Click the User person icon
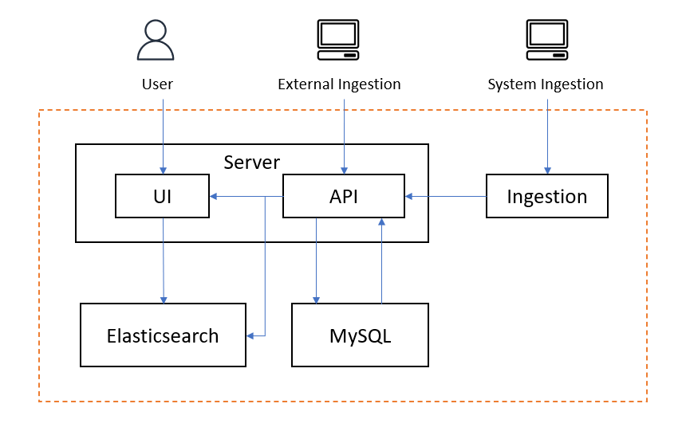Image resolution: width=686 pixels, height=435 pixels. click(156, 41)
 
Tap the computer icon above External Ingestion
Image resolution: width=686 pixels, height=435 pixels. click(337, 41)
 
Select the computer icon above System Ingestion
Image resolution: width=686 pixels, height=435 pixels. click(546, 41)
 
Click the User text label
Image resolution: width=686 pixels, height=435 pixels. click(157, 84)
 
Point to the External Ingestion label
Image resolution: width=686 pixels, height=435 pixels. click(339, 84)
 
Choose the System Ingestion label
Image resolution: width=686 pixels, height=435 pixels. click(546, 84)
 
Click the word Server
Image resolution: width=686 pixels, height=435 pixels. click(252, 163)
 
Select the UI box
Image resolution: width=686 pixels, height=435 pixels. click(163, 196)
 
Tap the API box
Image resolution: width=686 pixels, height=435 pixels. click(344, 196)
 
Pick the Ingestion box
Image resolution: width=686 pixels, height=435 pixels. click(547, 196)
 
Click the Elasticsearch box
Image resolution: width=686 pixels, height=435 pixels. click(163, 335)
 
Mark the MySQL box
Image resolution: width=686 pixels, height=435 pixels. click(360, 335)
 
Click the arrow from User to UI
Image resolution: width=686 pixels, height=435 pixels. click(163, 135)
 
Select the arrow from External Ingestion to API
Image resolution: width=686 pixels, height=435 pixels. click(344, 135)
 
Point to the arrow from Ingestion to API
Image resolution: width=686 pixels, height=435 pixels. click(447, 196)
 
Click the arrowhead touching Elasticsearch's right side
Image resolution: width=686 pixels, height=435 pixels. click(250, 336)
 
